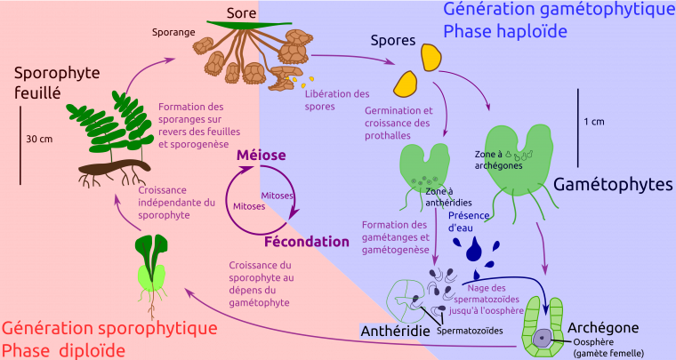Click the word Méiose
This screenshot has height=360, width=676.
click(261, 155)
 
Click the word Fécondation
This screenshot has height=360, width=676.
click(307, 242)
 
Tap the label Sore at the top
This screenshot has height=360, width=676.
click(241, 13)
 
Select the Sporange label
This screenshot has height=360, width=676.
click(173, 33)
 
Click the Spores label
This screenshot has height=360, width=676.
click(393, 41)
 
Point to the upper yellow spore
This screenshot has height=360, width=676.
click(431, 57)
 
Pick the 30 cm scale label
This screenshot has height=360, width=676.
click(39, 139)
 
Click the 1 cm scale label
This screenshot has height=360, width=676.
click(594, 122)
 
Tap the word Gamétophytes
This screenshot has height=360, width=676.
click(613, 184)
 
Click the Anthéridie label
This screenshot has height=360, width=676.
click(395, 331)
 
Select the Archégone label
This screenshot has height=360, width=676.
click(603, 328)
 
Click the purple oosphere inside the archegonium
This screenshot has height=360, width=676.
click(541, 338)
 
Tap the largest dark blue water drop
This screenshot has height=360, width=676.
click(475, 249)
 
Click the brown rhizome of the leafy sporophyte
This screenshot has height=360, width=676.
click(114, 166)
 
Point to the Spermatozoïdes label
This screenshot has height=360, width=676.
click(470, 331)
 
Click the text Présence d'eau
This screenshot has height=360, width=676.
click(469, 221)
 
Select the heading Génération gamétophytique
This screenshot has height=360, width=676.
click(559, 9)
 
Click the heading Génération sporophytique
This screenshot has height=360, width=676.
click(109, 328)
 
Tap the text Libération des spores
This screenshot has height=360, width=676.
click(337, 100)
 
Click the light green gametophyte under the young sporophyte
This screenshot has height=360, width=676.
click(151, 277)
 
